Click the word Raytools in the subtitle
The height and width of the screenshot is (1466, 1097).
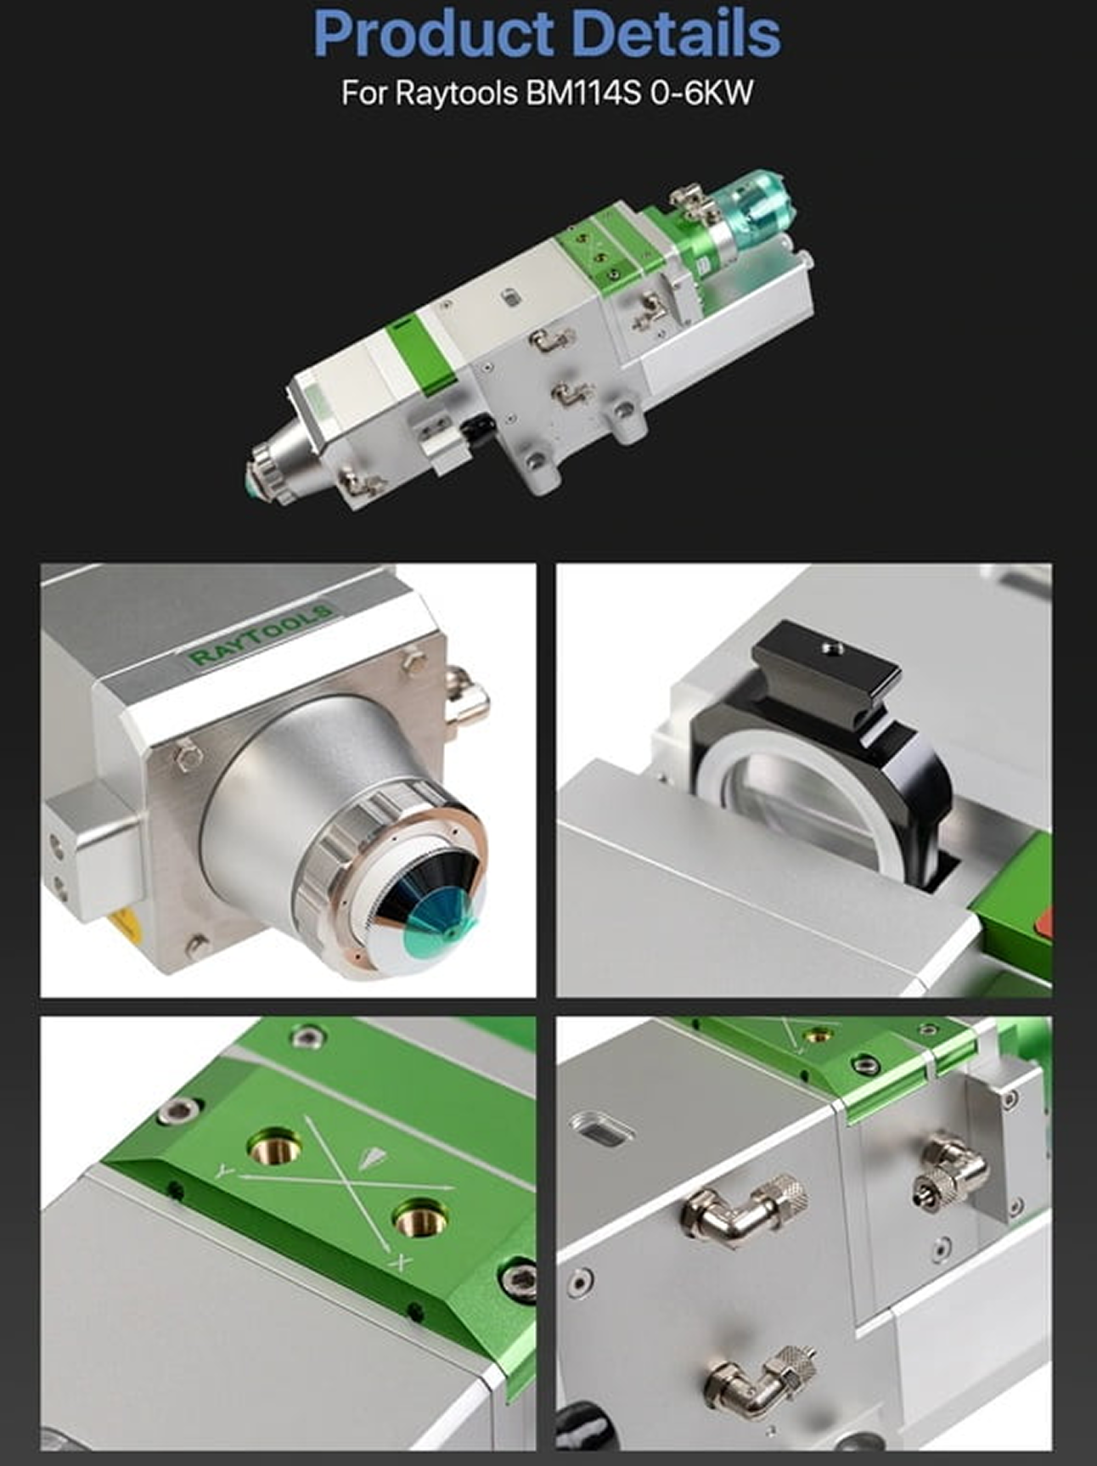(x=457, y=93)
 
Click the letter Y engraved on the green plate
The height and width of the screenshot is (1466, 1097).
(x=224, y=1171)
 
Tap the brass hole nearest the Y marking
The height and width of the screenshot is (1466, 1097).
(x=271, y=1148)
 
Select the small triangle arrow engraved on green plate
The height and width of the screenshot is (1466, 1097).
(x=371, y=1156)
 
